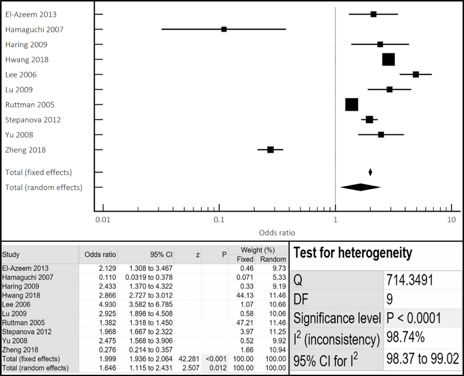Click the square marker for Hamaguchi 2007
(x=224, y=29)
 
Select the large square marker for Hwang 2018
(x=389, y=59)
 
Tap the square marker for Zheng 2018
(x=270, y=150)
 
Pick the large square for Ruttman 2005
(x=352, y=105)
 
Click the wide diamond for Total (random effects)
(x=360, y=187)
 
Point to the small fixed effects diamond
(x=370, y=172)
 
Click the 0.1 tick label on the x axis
(x=219, y=220)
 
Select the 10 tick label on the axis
(x=451, y=220)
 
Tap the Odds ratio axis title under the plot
(x=277, y=233)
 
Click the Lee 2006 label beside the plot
(x=21, y=75)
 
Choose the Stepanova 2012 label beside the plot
(x=33, y=120)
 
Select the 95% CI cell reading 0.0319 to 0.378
(x=149, y=277)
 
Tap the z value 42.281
(x=189, y=359)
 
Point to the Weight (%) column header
(x=258, y=250)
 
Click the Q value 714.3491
(x=410, y=280)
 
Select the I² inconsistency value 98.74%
(x=405, y=337)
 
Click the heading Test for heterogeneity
(x=353, y=253)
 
